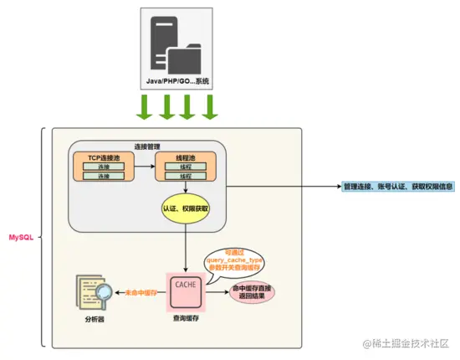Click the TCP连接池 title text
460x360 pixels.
pyautogui.click(x=103, y=157)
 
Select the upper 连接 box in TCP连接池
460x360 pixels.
pyautogui.click(x=103, y=167)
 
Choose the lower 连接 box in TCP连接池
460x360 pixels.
pyautogui.click(x=103, y=176)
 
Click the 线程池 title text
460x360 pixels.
pyautogui.click(x=185, y=157)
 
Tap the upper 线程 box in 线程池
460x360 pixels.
pyautogui.click(x=185, y=167)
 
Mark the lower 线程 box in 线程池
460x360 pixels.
pyautogui.click(x=185, y=176)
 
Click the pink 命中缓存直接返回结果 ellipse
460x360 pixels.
pyautogui.click(x=253, y=293)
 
